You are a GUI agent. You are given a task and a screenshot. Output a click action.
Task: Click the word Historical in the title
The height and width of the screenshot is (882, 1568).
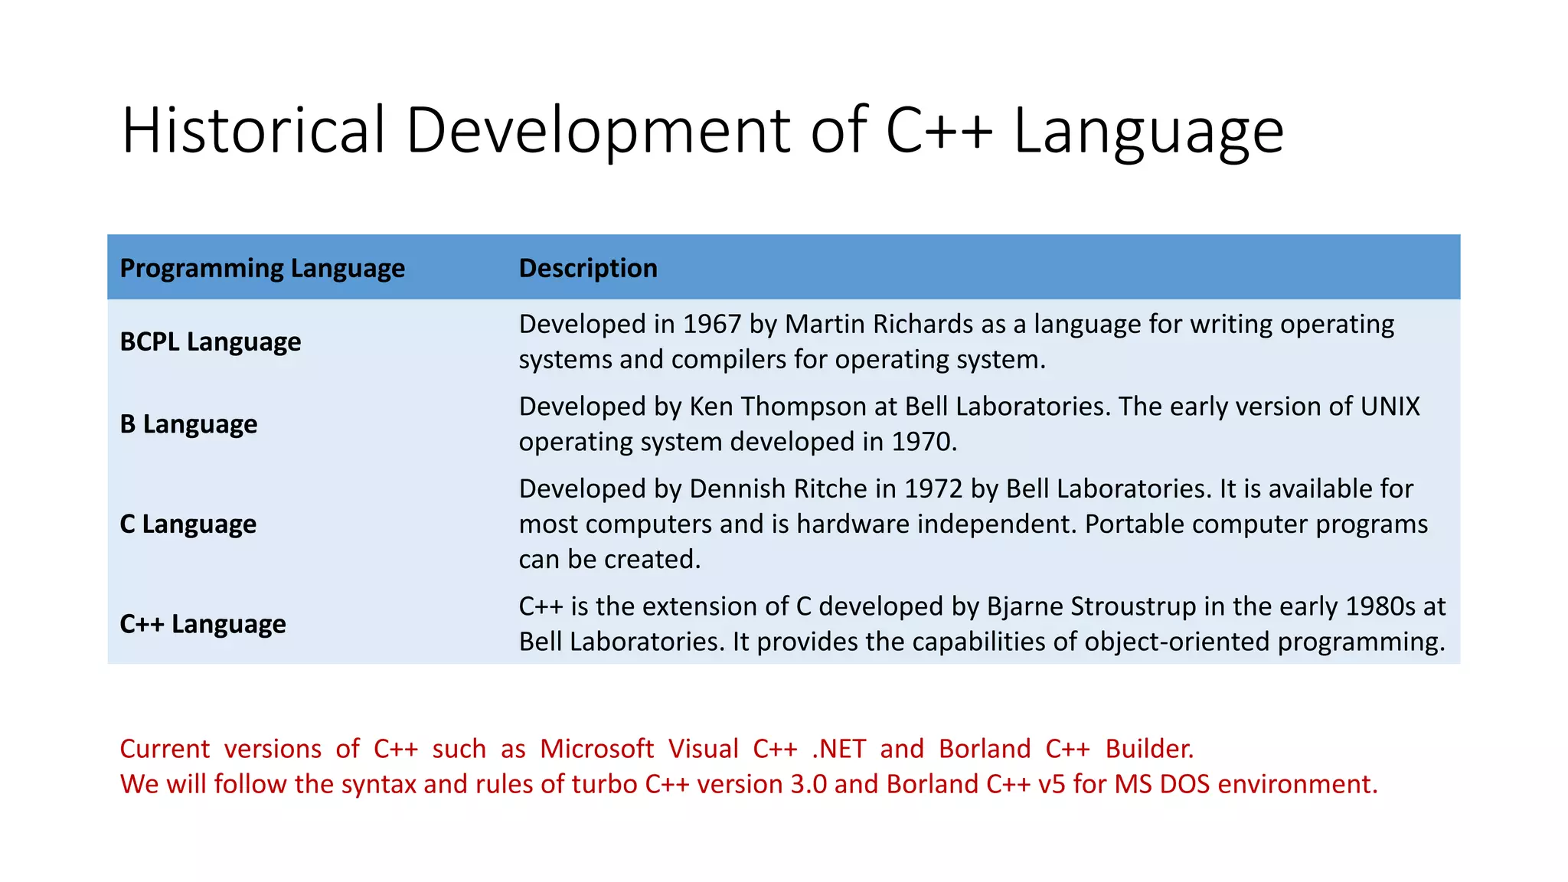pyautogui.click(x=253, y=130)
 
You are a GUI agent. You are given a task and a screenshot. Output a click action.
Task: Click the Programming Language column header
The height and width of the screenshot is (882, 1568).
pyautogui.click(x=262, y=268)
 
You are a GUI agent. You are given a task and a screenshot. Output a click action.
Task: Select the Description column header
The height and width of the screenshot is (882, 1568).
pyautogui.click(x=587, y=268)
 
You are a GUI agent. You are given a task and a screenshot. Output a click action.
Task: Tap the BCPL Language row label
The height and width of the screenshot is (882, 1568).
pyautogui.click(x=210, y=341)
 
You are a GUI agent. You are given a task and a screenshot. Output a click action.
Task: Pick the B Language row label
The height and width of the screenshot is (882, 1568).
pyautogui.click(x=188, y=424)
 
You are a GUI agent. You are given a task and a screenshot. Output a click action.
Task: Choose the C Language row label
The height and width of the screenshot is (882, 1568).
pyautogui.click(x=188, y=524)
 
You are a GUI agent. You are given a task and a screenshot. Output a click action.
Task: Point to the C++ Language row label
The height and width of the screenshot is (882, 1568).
pyautogui.click(x=202, y=624)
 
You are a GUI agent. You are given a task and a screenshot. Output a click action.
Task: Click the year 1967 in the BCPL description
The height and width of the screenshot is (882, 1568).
pyautogui.click(x=711, y=324)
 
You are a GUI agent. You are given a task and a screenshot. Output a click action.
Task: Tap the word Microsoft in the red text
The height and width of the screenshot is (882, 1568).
pyautogui.click(x=596, y=749)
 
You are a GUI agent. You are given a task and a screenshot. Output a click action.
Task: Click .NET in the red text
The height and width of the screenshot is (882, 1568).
pyautogui.click(x=838, y=749)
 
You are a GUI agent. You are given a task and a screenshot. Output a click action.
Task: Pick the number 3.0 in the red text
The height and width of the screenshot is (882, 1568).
pyautogui.click(x=808, y=784)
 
